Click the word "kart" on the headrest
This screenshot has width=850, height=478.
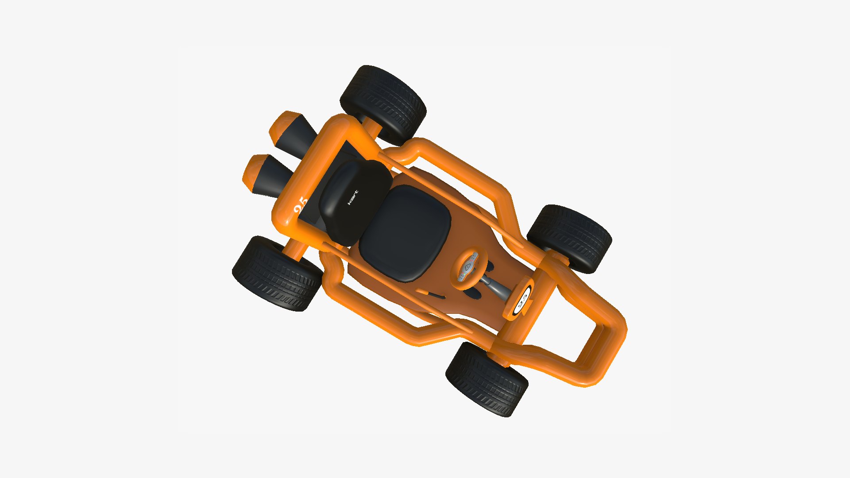tap(352, 197)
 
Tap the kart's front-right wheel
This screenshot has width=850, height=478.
tap(487, 379)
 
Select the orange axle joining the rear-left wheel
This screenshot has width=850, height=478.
tap(372, 128)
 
